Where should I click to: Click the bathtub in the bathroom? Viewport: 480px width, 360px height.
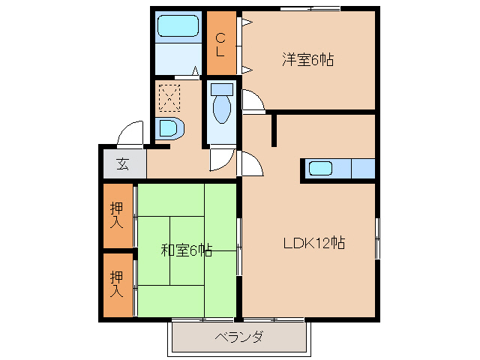178,27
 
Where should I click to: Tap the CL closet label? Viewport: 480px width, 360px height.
220,43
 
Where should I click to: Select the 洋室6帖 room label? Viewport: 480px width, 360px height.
307,60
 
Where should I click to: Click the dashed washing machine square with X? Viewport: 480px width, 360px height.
169,97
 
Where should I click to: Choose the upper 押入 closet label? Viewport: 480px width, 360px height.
117,214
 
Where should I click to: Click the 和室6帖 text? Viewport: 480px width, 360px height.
186,250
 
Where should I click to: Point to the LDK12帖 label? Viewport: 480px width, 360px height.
313,243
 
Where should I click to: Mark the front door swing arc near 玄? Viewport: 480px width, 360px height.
131,133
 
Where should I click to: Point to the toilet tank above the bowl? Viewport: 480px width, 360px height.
222,88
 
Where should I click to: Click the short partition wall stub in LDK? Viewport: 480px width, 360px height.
274,129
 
